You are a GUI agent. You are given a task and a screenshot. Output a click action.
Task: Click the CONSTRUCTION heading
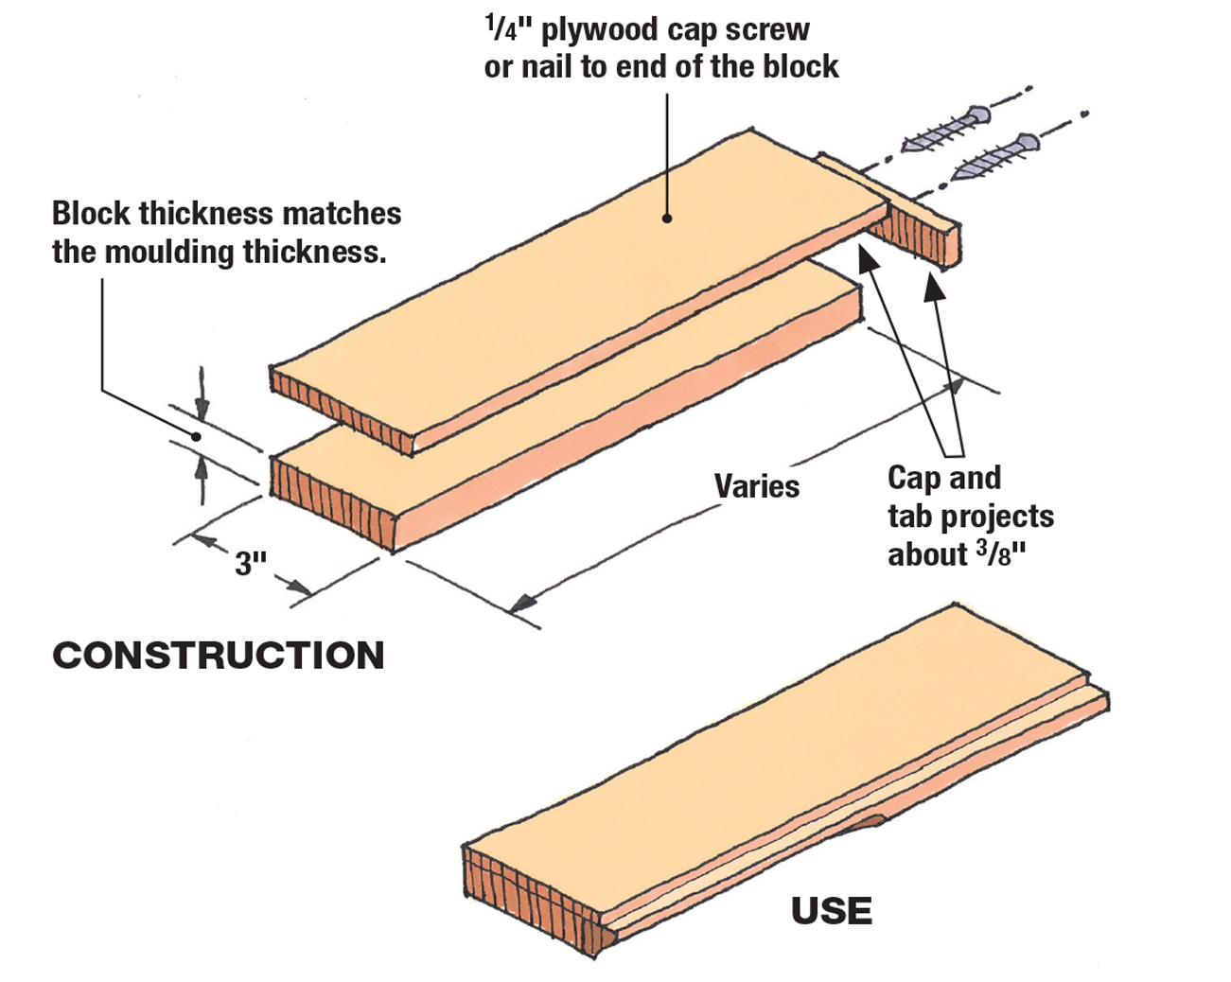click(219, 656)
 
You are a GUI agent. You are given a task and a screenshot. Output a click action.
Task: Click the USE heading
click(832, 911)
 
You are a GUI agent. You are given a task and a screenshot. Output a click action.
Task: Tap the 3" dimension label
click(251, 564)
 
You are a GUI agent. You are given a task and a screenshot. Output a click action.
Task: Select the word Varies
click(756, 486)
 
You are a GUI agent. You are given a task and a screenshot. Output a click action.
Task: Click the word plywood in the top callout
click(599, 29)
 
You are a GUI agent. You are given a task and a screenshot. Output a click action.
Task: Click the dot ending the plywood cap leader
click(667, 218)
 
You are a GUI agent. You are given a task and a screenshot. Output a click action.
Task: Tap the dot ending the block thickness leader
click(196, 436)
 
